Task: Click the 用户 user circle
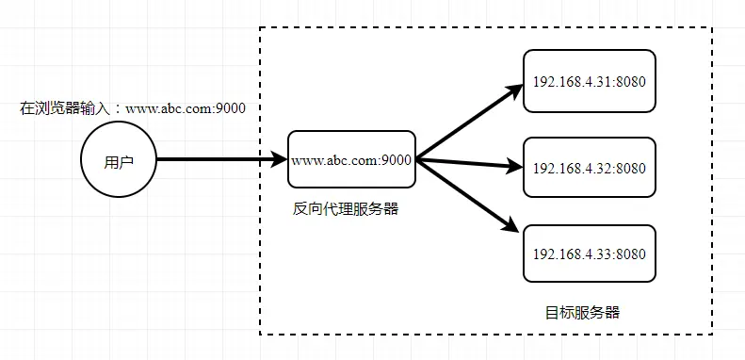119,160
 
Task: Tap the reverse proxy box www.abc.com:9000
352,160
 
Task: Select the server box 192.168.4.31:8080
589,82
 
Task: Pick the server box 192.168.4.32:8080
589,169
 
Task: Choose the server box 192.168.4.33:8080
589,254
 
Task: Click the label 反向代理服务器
346,209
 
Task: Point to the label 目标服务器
583,312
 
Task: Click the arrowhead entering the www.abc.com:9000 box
279,160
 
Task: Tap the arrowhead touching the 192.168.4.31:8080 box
514,91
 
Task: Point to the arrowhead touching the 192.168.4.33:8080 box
513,227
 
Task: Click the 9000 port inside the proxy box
397,160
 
